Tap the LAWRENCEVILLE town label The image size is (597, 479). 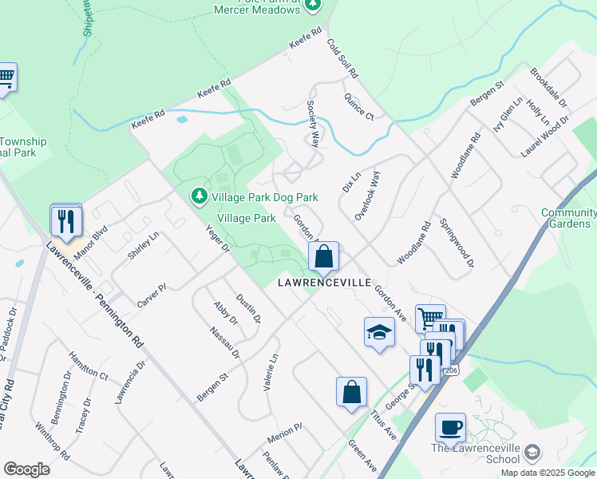tap(324, 283)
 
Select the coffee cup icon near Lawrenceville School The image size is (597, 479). tap(450, 426)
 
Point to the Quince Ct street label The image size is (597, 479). tap(358, 105)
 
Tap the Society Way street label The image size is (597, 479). tap(313, 124)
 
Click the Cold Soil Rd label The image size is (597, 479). tap(343, 58)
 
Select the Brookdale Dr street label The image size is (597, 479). tap(548, 88)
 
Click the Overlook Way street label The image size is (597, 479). tap(368, 196)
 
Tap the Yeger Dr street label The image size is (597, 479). tap(217, 236)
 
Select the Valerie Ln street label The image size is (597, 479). tap(271, 372)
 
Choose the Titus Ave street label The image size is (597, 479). tap(383, 422)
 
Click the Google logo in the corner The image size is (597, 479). tap(26, 469)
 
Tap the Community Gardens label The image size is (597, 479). tap(568, 218)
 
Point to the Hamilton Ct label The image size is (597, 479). tap(88, 367)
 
